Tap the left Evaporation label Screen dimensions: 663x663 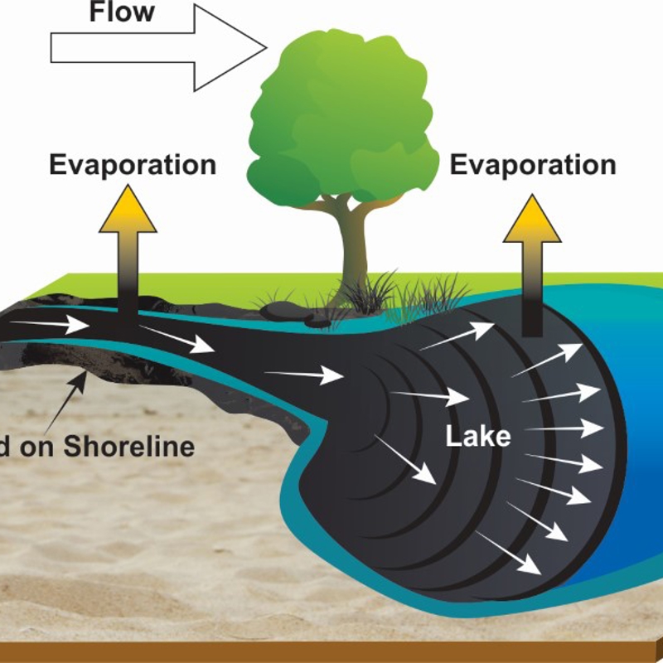click(x=133, y=164)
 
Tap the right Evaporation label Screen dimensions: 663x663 click(x=533, y=164)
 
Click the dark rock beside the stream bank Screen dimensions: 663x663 click(x=282, y=311)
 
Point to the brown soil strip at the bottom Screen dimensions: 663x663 click(x=331, y=651)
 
